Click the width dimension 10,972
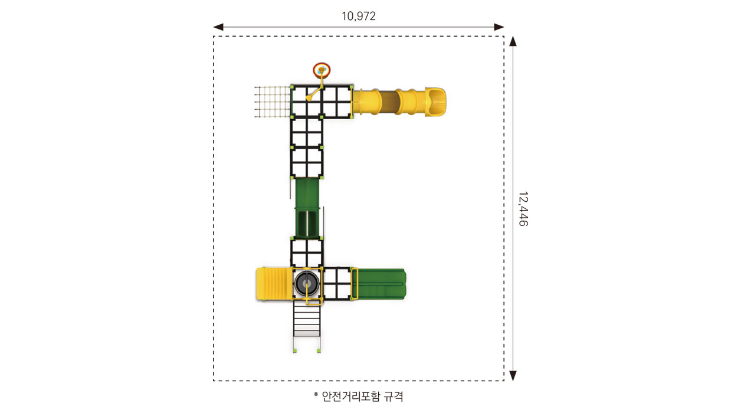[x=358, y=16]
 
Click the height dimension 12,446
[x=523, y=209]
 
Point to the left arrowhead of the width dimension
[x=218, y=27]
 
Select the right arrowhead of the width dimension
[x=499, y=27]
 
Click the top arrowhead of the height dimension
[x=513, y=41]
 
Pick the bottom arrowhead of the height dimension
[x=513, y=376]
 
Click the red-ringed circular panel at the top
[x=322, y=70]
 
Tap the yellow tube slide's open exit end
[x=435, y=101]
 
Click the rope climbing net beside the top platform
[x=273, y=101]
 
